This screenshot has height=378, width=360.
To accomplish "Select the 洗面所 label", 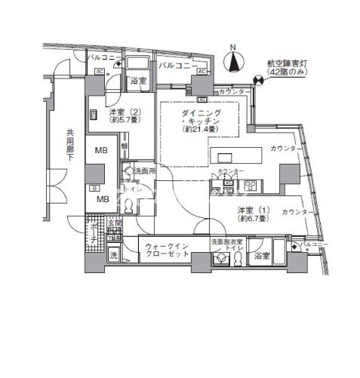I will (x=145, y=171).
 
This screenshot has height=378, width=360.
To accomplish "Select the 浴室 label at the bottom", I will (x=263, y=257).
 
